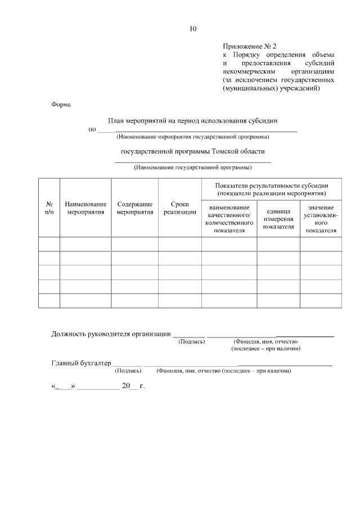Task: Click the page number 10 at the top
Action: click(193, 29)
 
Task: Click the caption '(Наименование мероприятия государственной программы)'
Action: click(192, 137)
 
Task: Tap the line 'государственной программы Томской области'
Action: click(192, 151)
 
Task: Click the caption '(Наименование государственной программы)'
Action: click(192, 167)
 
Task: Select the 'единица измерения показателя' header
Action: click(278, 219)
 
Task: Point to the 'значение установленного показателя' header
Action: click(321, 219)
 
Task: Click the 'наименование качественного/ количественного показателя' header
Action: click(229, 219)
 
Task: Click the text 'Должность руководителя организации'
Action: click(111, 334)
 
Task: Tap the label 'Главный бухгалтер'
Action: click(81, 363)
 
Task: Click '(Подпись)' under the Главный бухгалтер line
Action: click(128, 371)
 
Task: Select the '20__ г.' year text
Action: click(133, 386)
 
